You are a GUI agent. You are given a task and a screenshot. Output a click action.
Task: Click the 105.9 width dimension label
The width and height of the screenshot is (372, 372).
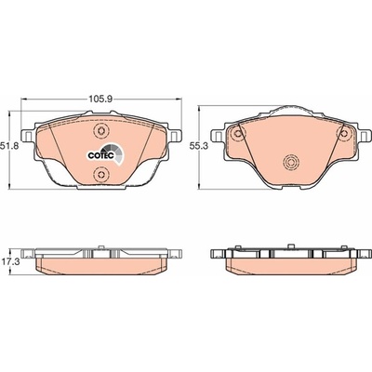(x=101, y=100)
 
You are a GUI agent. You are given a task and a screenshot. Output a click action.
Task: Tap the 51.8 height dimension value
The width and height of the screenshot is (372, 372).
(x=9, y=146)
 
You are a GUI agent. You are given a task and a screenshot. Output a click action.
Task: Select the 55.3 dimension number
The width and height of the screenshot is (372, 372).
(x=198, y=146)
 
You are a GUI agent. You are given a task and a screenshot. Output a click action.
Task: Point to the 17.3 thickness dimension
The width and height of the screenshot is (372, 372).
(x=10, y=261)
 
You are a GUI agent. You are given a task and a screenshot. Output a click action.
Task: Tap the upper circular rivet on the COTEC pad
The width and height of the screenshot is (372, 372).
(x=100, y=130)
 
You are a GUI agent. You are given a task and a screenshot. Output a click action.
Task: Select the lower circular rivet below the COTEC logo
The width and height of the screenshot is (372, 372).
(x=100, y=174)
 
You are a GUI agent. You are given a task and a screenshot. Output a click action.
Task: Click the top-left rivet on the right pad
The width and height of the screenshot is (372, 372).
(x=238, y=134)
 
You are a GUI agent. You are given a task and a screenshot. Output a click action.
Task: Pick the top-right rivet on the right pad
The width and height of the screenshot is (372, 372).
(x=344, y=134)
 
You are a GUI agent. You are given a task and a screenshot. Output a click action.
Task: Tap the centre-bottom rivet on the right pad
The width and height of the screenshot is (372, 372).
(x=291, y=162)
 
